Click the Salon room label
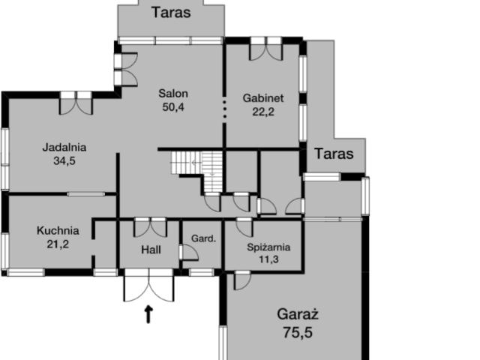[173, 93]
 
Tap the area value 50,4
[173, 107]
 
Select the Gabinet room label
[263, 98]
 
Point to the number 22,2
[263, 112]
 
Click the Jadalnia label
[64, 147]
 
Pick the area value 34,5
[64, 160]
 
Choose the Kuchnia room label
[58, 230]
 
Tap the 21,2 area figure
[58, 244]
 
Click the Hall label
[151, 250]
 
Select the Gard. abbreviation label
[203, 238]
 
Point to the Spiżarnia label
[268, 247]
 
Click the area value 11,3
[268, 259]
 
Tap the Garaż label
[298, 314]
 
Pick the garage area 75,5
[298, 332]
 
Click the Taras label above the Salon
[171, 13]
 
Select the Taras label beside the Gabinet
[334, 154]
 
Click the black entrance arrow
[148, 314]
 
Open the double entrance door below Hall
[148, 285]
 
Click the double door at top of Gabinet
[266, 49]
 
